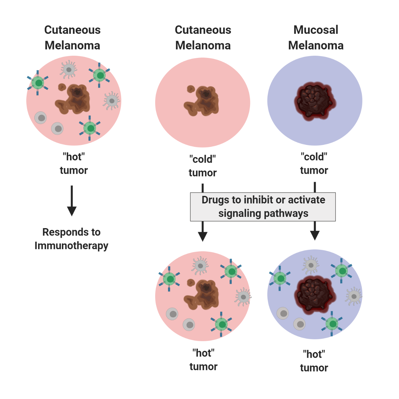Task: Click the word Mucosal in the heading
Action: coord(316,30)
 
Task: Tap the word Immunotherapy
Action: coord(71,246)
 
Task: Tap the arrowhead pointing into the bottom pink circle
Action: coord(203,236)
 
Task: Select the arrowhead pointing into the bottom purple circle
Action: coord(315,235)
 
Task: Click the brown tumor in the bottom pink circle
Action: coord(202,294)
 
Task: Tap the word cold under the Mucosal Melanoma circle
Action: coord(314,157)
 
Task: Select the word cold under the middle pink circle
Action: coord(202,159)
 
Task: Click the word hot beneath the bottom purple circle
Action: coord(314,354)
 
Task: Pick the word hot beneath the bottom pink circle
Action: coord(203,353)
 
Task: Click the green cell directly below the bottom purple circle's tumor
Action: coord(332,324)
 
